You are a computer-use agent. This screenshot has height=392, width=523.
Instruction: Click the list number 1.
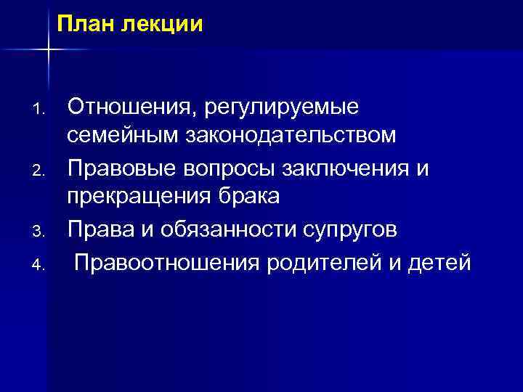(x=40, y=110)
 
